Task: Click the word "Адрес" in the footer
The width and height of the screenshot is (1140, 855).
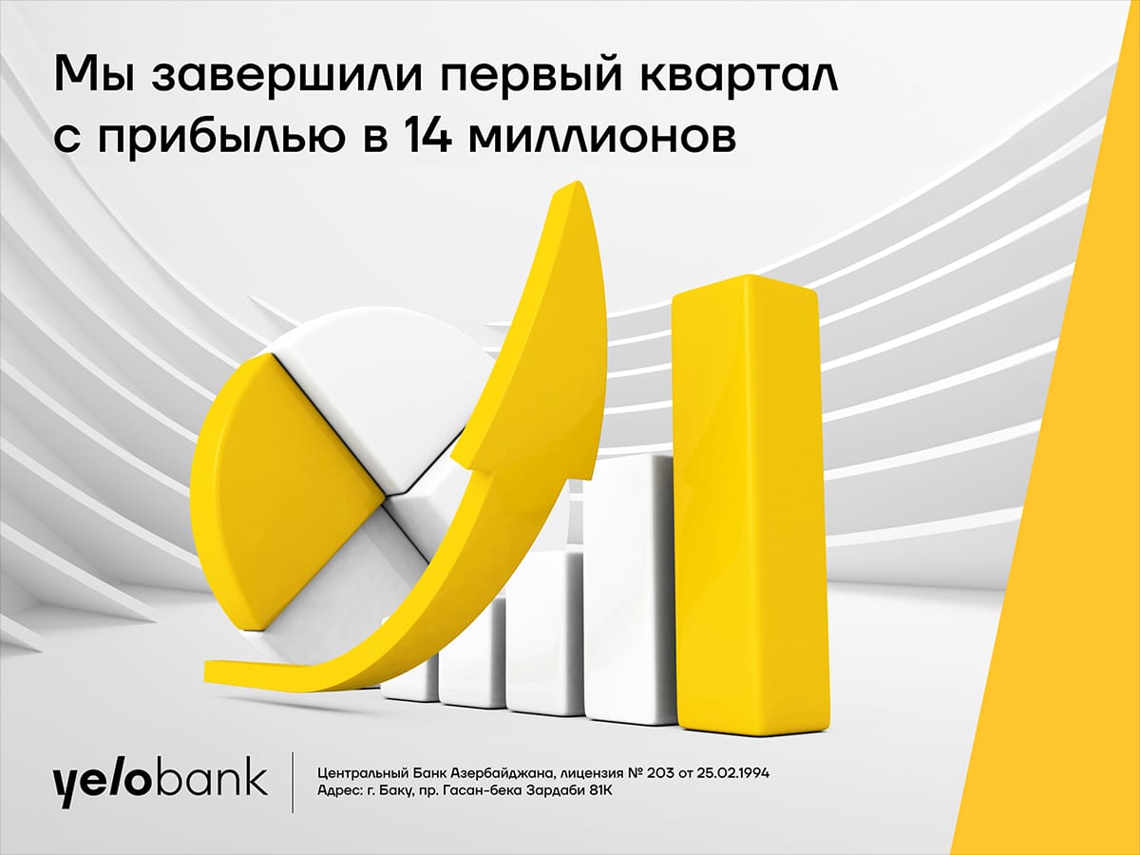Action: pyautogui.click(x=338, y=791)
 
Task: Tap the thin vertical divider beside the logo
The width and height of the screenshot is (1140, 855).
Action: pyautogui.click(x=294, y=781)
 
